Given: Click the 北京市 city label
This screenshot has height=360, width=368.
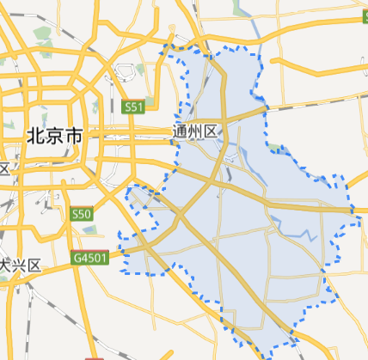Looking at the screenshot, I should [54, 136].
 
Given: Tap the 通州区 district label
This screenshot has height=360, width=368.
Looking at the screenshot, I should [197, 131].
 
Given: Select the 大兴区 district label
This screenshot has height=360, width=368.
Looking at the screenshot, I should [21, 265].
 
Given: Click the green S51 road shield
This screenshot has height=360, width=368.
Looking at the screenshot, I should [132, 107].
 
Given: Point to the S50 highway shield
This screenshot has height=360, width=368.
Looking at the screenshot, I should [82, 213].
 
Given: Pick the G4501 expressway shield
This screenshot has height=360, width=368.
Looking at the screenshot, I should [89, 257].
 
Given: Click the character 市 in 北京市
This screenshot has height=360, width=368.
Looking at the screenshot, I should [74, 136].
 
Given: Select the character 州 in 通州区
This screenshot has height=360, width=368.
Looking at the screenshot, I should [197, 131].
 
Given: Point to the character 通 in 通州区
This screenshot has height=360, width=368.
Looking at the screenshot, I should [181, 131].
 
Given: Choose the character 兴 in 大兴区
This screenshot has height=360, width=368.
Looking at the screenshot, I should [21, 265].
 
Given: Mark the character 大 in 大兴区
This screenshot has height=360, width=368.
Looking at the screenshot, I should [6, 265].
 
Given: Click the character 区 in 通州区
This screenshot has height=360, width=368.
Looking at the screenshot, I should [212, 131].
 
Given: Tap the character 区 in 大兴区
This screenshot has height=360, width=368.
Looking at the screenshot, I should [35, 265].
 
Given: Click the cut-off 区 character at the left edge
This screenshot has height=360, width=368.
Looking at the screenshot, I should [3, 168].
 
